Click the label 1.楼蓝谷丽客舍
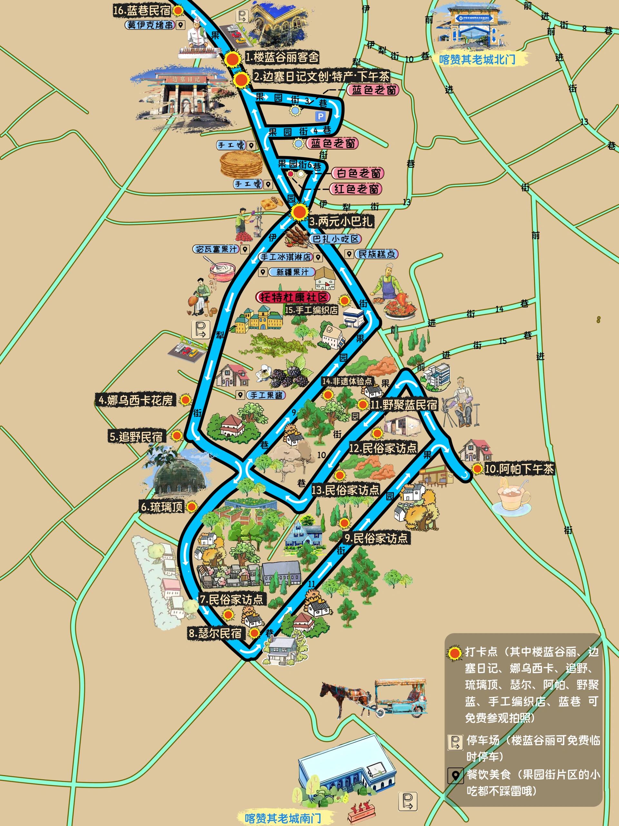pos(282,57)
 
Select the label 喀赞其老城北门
pos(477,59)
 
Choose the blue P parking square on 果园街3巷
pos(320,116)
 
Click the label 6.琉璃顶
pos(162,507)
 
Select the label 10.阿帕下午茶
pos(519,469)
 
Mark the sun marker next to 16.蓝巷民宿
pos(179,11)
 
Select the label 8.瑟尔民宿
pos(215,633)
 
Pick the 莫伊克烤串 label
pos(150,25)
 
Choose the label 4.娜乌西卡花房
pos(136,401)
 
